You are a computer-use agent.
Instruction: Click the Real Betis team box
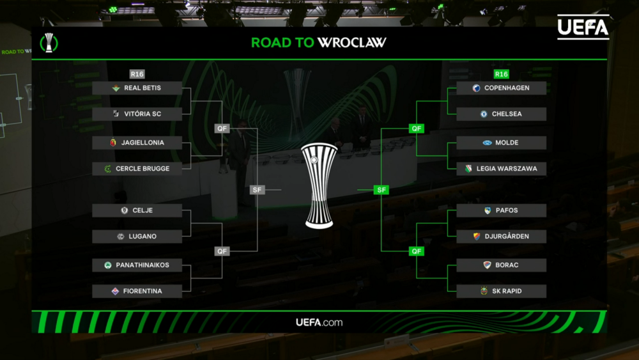click(137, 88)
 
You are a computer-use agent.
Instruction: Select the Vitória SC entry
click(137, 114)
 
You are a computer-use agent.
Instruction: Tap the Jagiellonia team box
click(137, 143)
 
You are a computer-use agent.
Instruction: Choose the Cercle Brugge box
click(137, 169)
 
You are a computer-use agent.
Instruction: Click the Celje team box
click(137, 210)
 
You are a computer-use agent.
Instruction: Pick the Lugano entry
click(137, 237)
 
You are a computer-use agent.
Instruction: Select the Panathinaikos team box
click(137, 265)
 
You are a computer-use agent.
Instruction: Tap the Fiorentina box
click(137, 291)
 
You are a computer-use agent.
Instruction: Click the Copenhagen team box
click(501, 88)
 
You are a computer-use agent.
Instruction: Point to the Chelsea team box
click(501, 114)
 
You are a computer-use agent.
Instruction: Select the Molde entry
click(501, 143)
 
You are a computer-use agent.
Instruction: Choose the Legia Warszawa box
click(501, 169)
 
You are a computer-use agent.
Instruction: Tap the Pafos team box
click(501, 210)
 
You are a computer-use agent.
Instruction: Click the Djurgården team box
click(501, 237)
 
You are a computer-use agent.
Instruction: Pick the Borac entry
click(501, 265)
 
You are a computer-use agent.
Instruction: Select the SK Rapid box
click(501, 291)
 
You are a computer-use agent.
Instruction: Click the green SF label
click(381, 190)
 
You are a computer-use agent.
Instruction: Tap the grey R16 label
click(137, 74)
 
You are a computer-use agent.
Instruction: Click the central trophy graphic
click(319, 185)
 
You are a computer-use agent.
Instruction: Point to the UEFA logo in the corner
click(583, 27)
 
